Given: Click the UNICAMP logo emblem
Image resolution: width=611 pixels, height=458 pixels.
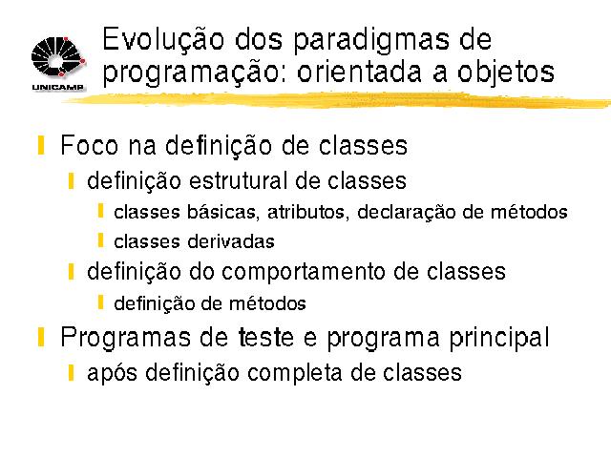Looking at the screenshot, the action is point(58,57).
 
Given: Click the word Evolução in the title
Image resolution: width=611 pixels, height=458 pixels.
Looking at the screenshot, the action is point(163,39).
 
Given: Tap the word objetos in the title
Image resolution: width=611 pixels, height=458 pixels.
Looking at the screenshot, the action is point(506,72).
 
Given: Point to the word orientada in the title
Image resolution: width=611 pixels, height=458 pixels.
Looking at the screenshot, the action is point(359,73).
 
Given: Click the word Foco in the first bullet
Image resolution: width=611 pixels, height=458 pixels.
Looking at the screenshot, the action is point(89,145).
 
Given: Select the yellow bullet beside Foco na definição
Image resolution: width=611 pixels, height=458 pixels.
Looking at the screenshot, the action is point(41,145).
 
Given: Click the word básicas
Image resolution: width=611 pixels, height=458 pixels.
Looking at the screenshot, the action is point(222,212).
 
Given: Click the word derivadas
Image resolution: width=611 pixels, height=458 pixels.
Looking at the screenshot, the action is point(231,241).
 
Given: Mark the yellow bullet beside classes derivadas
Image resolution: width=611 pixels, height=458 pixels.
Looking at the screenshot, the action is point(100,240).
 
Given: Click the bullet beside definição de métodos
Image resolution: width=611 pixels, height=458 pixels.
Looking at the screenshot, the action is point(100,302).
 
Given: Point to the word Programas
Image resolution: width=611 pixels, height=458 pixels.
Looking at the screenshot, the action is point(125,337).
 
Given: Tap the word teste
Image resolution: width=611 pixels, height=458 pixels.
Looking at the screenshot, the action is point(265,337).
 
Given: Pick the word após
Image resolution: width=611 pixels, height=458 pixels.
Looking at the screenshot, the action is point(113,373).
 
